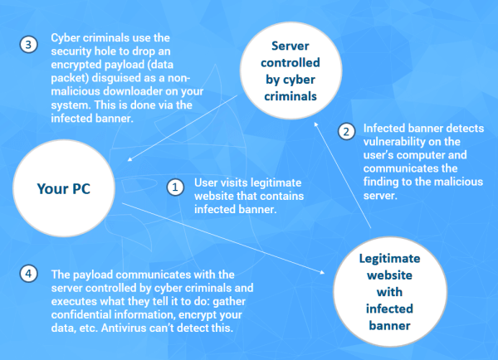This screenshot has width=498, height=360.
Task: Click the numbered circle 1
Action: [x=175, y=187]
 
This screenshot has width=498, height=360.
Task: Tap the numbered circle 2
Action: [x=346, y=131]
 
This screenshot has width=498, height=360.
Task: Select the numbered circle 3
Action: [x=28, y=45]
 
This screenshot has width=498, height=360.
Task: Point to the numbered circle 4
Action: [x=28, y=274]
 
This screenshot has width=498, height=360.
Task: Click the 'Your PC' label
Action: [x=64, y=188]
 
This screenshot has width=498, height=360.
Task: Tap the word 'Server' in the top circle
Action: [x=290, y=46]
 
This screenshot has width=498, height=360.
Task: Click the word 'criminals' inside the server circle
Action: [x=290, y=96]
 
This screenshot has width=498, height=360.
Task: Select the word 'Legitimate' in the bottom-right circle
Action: [x=390, y=259]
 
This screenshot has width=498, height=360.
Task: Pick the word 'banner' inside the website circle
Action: [x=390, y=326]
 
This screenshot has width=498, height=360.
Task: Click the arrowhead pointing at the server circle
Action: [x=316, y=124]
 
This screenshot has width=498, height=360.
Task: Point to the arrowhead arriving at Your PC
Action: [x=129, y=159]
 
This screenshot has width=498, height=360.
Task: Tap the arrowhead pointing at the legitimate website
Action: [x=322, y=272]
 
